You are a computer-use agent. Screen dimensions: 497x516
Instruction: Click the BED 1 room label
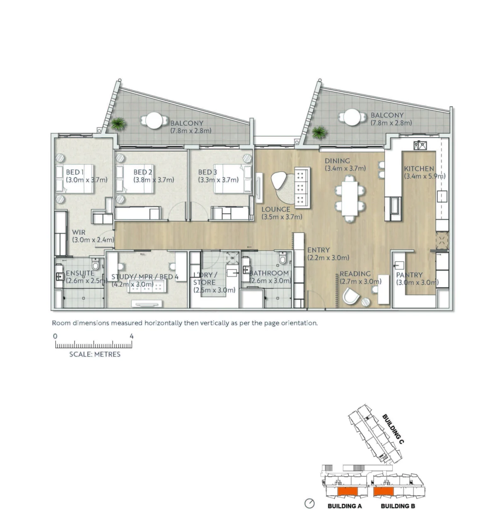point(75,172)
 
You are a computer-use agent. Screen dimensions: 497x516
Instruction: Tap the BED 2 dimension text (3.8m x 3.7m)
point(154,180)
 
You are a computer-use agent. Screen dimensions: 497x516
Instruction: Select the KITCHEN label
point(419,169)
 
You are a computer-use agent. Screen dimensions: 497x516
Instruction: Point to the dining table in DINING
point(350,199)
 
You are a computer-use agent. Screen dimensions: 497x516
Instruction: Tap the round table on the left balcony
point(154,121)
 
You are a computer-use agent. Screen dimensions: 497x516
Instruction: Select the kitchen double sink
point(420,145)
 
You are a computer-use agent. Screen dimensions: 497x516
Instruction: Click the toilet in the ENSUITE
point(95,263)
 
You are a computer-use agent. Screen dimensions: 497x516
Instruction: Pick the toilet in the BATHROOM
point(282,257)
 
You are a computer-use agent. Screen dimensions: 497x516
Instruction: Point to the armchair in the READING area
point(351,296)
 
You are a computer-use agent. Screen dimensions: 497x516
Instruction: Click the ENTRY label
point(318,250)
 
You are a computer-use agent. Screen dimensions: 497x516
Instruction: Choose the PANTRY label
point(409,275)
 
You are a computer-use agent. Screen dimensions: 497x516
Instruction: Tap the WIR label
point(79,232)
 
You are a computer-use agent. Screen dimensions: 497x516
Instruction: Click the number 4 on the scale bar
point(131,336)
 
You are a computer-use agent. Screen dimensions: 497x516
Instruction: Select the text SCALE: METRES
point(95,354)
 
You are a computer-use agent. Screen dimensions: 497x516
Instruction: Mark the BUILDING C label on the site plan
point(393,429)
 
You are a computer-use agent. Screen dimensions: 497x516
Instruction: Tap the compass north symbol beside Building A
point(309,503)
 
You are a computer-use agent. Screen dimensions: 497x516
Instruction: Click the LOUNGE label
point(276,210)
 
